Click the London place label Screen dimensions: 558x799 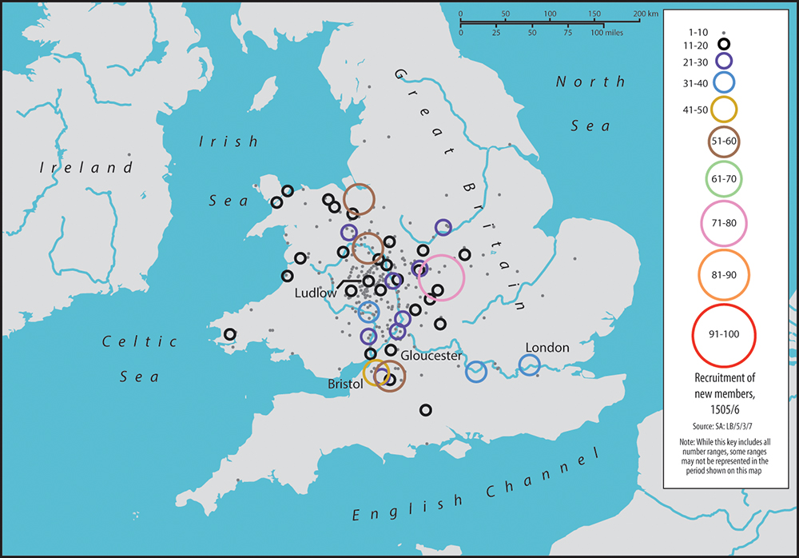point(547,348)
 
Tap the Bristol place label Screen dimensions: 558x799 point(345,385)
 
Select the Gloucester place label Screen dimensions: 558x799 point(431,355)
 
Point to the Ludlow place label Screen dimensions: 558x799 point(316,293)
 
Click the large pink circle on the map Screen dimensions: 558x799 point(441,277)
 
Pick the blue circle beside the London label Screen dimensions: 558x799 point(529,365)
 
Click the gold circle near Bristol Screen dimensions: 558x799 point(376,373)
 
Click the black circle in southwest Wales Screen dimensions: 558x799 point(230,334)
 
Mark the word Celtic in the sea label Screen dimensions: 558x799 point(139,342)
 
